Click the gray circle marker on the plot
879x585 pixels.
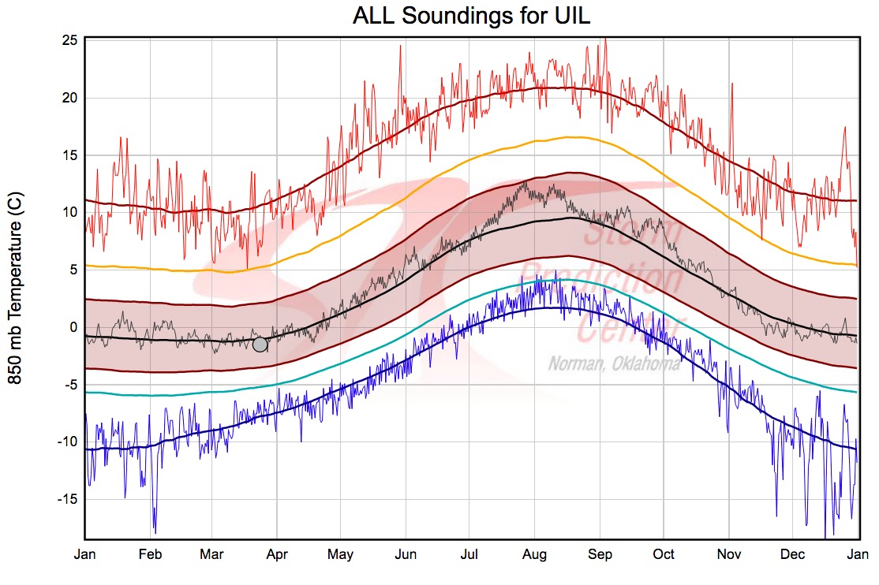(260, 344)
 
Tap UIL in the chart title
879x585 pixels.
(569, 17)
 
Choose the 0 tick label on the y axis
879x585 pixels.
(73, 326)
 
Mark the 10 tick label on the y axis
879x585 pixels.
(69, 212)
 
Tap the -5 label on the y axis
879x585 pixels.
(69, 384)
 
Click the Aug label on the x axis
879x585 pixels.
(535, 554)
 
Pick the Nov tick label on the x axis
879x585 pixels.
(728, 554)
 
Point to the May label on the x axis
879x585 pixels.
(341, 554)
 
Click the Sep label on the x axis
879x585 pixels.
(600, 554)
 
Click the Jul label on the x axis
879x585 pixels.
(470, 554)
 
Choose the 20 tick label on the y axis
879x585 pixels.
(69, 98)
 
